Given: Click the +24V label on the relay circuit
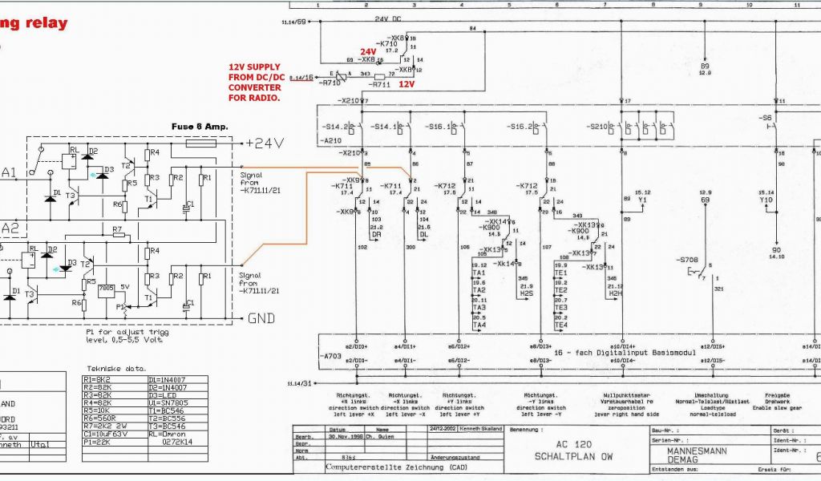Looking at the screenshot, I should [x=265, y=143].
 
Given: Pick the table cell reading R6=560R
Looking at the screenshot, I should [x=99, y=418].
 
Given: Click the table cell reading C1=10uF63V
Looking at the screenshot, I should [x=106, y=434].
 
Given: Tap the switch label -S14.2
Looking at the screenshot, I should [x=336, y=127].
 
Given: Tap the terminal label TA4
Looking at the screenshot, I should [x=479, y=325].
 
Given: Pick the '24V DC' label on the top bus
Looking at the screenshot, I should [x=390, y=17].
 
